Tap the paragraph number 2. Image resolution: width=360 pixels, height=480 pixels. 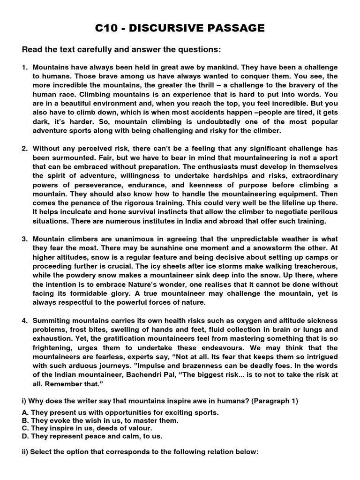click(25, 149)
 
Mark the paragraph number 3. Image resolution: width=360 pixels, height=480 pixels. click(25, 239)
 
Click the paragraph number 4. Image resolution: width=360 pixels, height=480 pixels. click(25, 320)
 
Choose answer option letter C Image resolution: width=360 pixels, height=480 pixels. click(25, 428)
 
